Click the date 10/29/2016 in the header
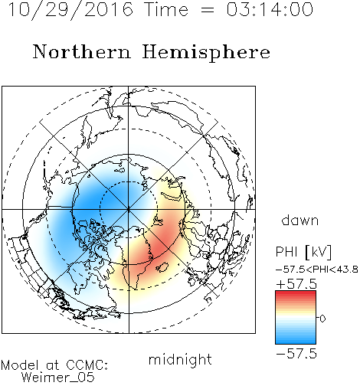[70, 9]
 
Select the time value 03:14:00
[270, 9]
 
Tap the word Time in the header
[166, 9]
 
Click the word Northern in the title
[82, 51]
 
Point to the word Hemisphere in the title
[206, 53]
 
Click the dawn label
[300, 220]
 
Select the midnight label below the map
[180, 360]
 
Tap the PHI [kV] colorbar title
[303, 252]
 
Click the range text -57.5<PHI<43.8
[317, 270]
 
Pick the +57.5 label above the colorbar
[296, 284]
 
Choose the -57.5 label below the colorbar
[296, 354]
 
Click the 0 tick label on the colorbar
[322, 319]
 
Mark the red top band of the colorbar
[296, 294]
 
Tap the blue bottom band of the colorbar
[296, 341]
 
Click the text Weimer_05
[58, 378]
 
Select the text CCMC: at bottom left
[87, 365]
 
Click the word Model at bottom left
[20, 365]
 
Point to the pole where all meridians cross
[129, 209]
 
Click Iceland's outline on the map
[162, 267]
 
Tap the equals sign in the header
[208, 10]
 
